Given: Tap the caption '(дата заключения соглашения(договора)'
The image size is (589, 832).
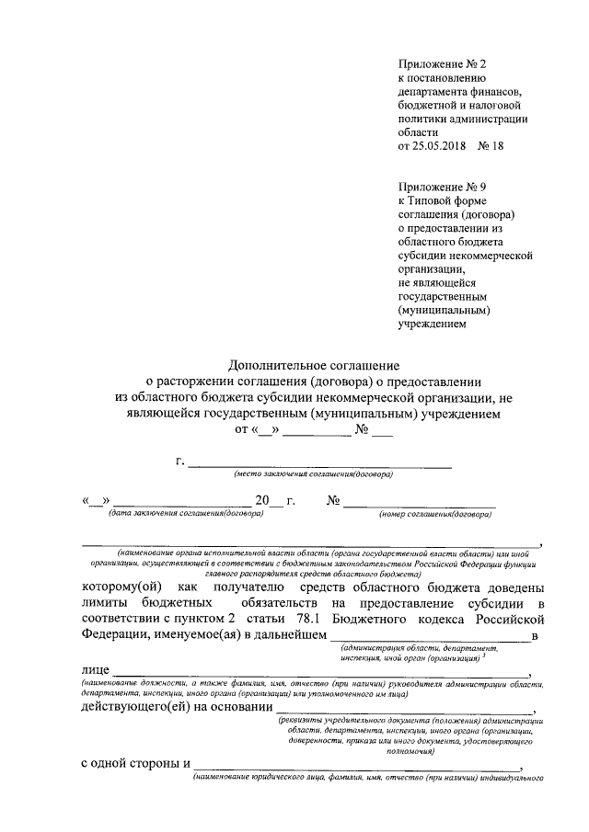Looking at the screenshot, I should tap(186, 514).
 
